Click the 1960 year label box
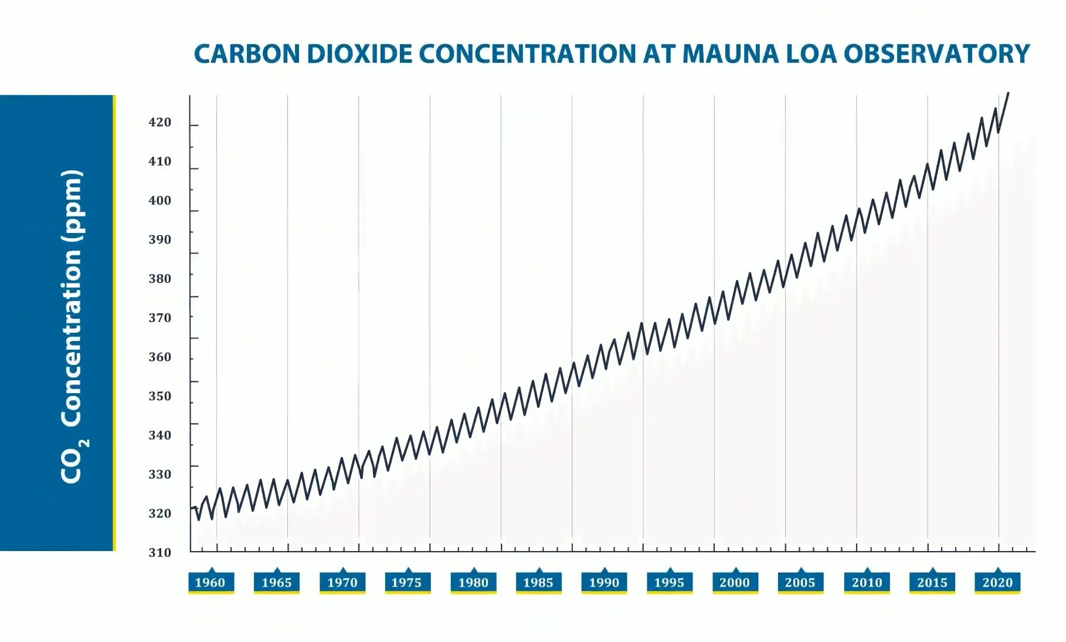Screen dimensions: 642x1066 point(211,582)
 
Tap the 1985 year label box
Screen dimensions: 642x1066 point(538,582)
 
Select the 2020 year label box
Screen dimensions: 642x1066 point(997,582)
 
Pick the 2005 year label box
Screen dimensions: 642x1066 point(800,582)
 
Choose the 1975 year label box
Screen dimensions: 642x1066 point(407,582)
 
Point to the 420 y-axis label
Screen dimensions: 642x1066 point(159,122)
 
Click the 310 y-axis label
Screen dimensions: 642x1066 point(159,552)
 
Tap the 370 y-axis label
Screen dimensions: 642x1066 point(159,317)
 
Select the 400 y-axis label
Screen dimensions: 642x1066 point(159,200)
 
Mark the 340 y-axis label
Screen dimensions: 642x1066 point(159,435)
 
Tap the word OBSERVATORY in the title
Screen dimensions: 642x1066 point(936,54)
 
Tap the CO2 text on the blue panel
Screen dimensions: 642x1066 point(74,461)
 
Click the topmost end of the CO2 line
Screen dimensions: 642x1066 point(1008,93)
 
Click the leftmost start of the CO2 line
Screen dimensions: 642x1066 point(192,508)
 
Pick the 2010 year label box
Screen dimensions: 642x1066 point(867,582)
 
